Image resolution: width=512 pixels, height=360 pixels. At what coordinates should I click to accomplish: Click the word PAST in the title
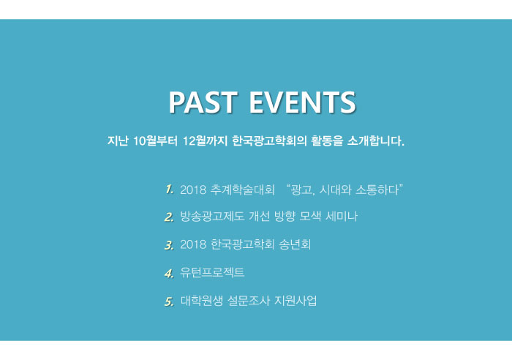[x=203, y=102]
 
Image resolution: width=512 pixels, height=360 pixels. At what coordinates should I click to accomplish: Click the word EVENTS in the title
[x=302, y=102]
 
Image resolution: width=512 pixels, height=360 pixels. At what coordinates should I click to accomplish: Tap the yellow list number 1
[x=169, y=190]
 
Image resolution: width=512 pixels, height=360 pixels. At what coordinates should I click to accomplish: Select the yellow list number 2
[x=169, y=217]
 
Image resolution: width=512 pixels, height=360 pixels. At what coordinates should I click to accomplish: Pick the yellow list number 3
[x=169, y=245]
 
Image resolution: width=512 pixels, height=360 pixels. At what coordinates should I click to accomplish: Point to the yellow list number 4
[x=169, y=273]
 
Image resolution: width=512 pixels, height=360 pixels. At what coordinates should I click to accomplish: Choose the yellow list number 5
[x=169, y=301]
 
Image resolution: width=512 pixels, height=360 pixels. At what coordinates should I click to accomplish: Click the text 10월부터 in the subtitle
[x=155, y=140]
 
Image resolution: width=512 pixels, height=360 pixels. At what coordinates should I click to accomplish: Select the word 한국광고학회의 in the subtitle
[x=269, y=140]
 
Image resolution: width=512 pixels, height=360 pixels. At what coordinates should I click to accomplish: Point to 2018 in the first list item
[x=193, y=190]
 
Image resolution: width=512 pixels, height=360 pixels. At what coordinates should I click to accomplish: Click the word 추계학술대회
[x=242, y=190]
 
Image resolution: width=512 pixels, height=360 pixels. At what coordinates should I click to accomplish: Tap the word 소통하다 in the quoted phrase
[x=377, y=190]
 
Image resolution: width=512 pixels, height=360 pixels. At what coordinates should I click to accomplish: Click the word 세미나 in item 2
[x=342, y=217]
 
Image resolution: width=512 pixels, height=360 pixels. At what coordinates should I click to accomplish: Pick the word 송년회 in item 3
[x=295, y=244]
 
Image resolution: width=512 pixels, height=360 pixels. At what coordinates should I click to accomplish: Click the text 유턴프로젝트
[x=212, y=272]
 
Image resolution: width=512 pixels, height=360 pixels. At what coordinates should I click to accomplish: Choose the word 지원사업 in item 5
[x=295, y=301]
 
